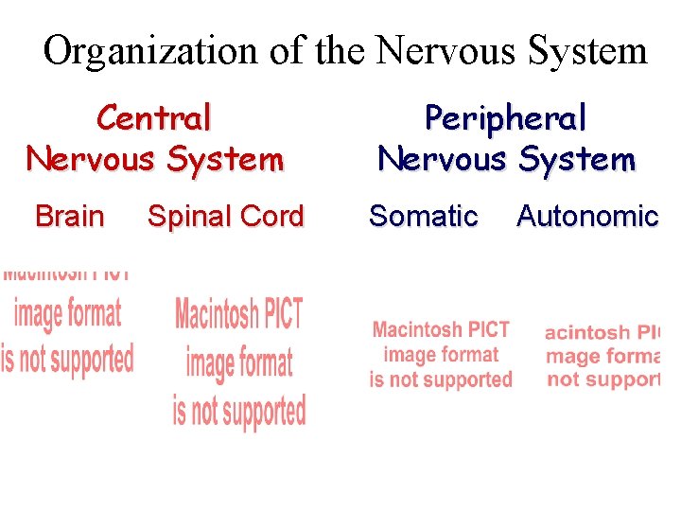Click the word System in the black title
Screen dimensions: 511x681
tap(586, 51)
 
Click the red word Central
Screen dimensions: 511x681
tap(154, 118)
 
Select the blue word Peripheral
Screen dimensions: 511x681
tap(506, 118)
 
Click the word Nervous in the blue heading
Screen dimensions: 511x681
tap(442, 159)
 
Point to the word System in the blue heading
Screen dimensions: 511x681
tap(576, 159)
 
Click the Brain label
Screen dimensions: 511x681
tap(69, 217)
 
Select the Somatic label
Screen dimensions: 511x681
tap(423, 217)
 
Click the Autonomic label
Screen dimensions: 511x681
tap(586, 217)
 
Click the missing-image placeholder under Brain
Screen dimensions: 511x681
tap(66, 323)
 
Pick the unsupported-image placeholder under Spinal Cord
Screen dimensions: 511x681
tap(239, 361)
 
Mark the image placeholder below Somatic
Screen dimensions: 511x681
tap(441, 355)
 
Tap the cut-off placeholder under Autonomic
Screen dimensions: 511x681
tap(602, 356)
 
